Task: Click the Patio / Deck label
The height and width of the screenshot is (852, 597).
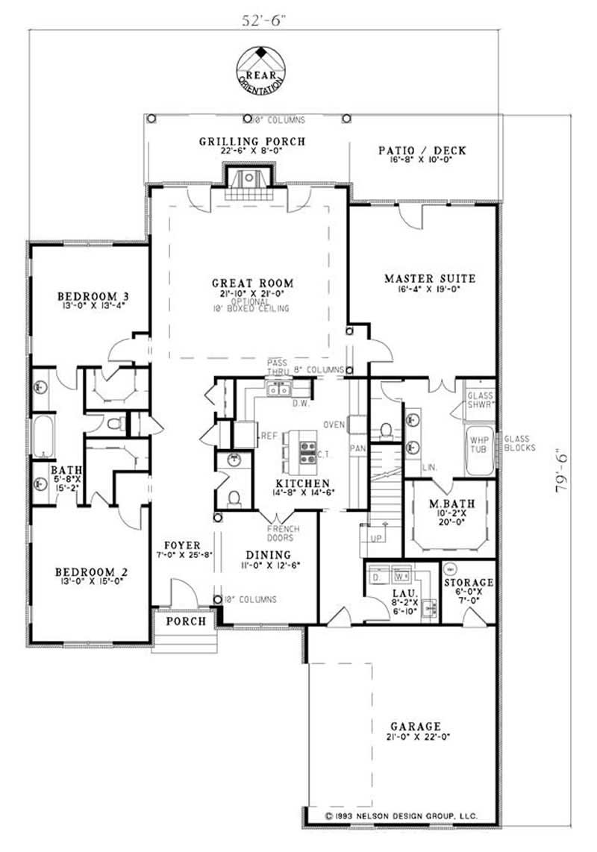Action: [422, 150]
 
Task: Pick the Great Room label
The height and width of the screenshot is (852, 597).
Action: [252, 283]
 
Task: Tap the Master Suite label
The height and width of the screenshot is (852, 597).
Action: [430, 278]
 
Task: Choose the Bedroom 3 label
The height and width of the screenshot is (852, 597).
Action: [88, 298]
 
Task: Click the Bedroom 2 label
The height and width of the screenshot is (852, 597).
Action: [92, 572]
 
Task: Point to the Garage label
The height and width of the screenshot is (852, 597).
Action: [415, 725]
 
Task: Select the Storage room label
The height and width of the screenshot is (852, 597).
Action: [469, 582]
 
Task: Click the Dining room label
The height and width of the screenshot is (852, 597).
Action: [268, 554]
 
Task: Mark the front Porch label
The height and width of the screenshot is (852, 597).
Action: [186, 621]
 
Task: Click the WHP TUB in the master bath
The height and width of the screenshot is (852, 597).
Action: [478, 446]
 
